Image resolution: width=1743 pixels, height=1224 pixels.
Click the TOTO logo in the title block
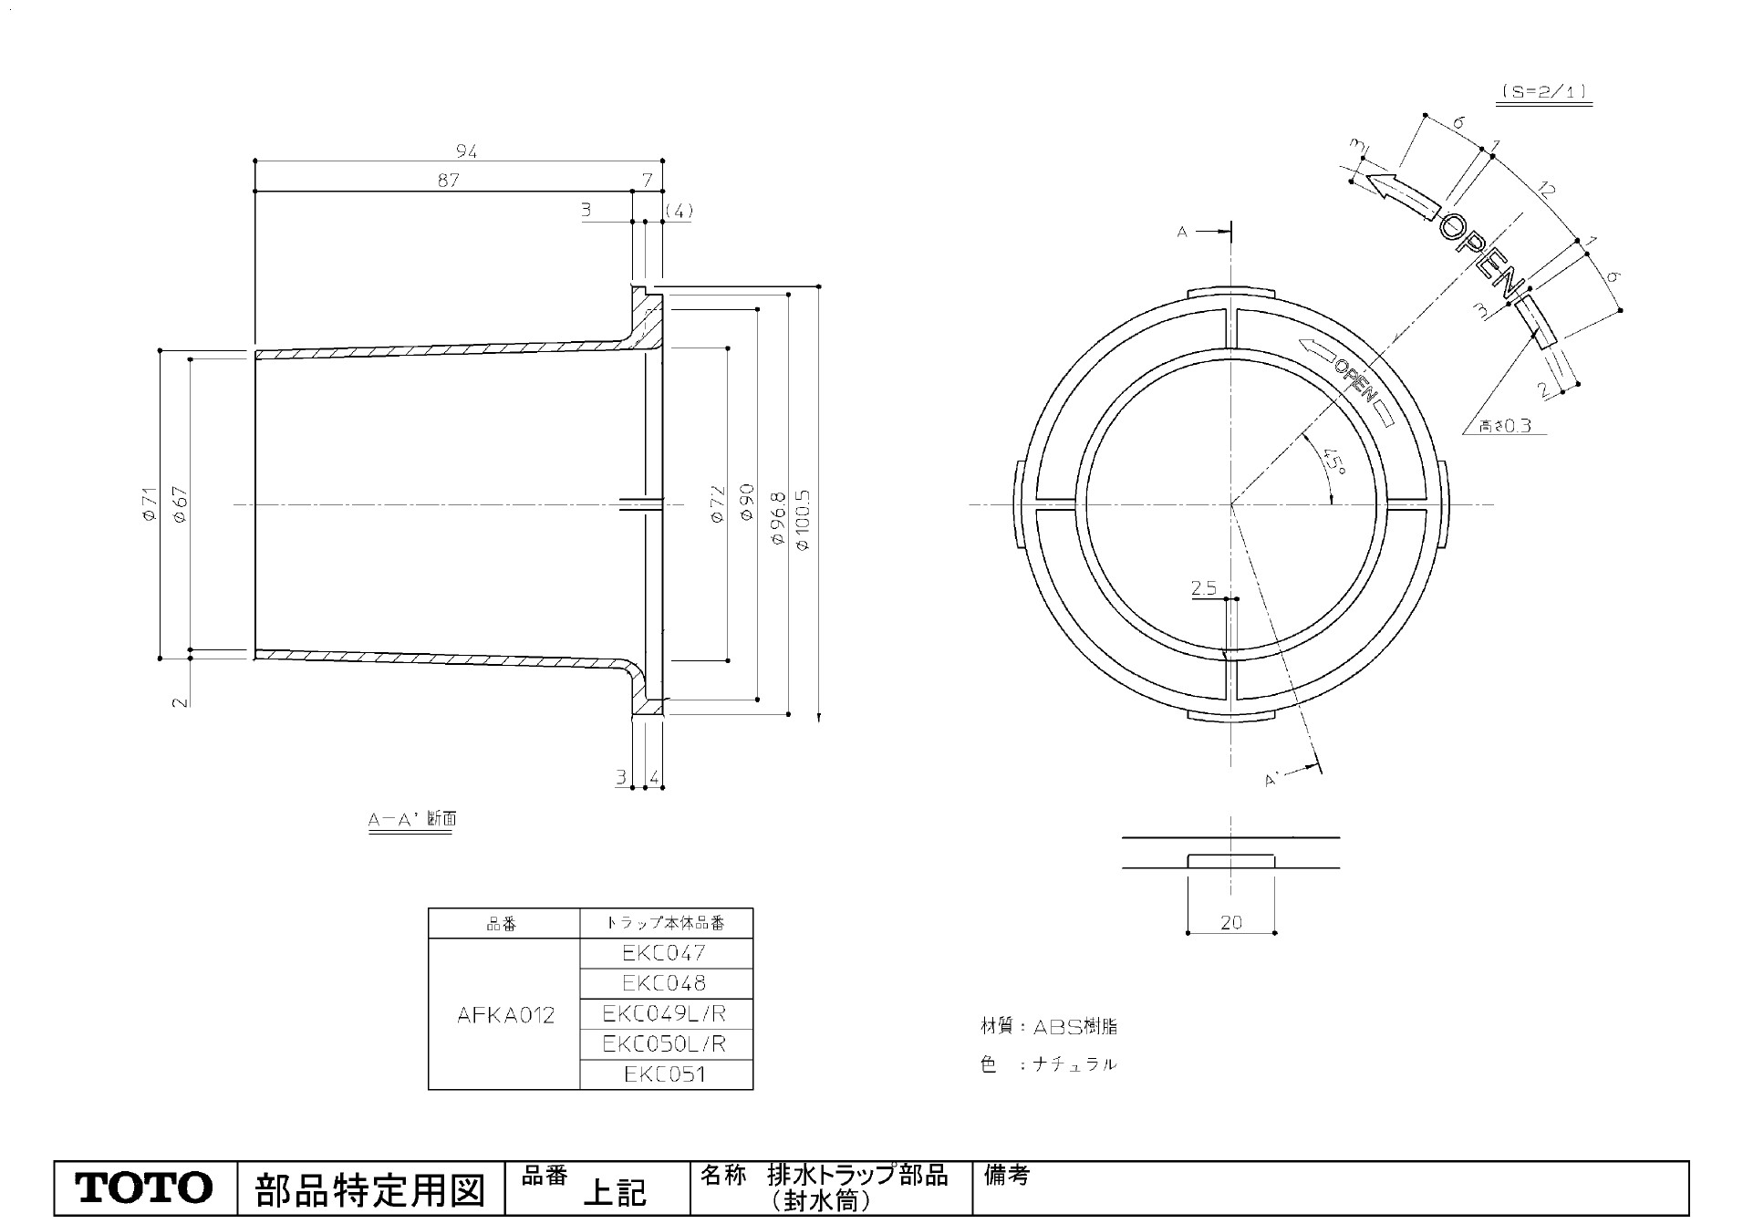tap(144, 1188)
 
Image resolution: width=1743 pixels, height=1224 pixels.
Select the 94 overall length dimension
tap(466, 151)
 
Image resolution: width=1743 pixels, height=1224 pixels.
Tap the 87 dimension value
tap(448, 180)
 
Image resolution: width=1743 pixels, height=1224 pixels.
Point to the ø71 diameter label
tap(150, 503)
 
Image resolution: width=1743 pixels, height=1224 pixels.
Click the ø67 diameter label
tap(180, 503)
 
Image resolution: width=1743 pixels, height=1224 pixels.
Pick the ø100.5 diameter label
tap(804, 519)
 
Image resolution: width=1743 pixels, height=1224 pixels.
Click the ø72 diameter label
tap(716, 503)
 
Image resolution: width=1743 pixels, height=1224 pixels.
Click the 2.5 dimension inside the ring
tap(1204, 588)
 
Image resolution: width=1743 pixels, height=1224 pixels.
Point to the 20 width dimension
tap(1231, 922)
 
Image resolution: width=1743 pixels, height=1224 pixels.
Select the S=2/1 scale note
tap(1543, 92)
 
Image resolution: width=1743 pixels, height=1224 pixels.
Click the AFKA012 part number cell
tap(505, 1014)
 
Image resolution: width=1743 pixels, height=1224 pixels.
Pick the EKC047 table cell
tap(665, 953)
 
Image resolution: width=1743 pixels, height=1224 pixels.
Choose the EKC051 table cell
tap(665, 1074)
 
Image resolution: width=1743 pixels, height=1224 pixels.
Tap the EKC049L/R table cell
tap(665, 1013)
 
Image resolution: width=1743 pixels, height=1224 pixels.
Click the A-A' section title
tap(411, 819)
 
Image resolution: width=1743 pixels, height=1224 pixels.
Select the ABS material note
tap(1048, 1027)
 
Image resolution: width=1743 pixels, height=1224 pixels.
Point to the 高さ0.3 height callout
tap(1505, 425)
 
